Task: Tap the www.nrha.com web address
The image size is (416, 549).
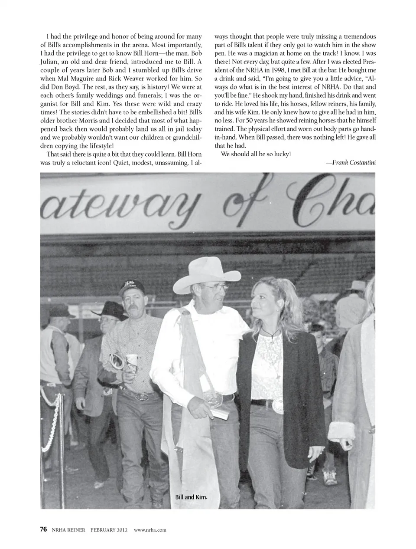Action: [150, 529]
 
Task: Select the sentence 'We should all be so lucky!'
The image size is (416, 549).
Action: [256, 154]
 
